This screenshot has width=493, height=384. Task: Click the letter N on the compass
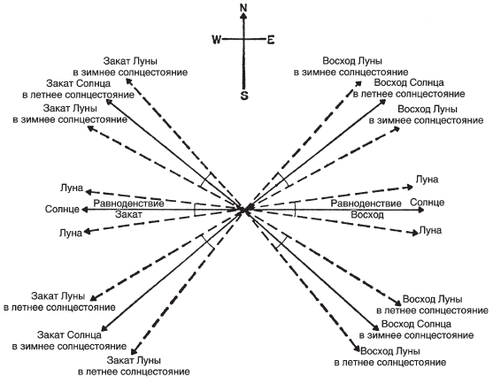click(x=243, y=8)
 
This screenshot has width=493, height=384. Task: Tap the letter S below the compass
click(x=244, y=96)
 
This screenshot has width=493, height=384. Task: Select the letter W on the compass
click(x=217, y=40)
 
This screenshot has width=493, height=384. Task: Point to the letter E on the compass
click(x=271, y=40)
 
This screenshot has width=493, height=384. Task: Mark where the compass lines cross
click(x=243, y=39)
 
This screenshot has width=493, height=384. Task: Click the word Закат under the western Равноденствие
click(x=128, y=214)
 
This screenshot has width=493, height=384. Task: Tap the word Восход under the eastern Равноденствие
click(x=367, y=215)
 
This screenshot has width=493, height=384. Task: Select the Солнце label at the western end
click(x=62, y=209)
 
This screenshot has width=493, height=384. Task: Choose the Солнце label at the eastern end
click(x=428, y=202)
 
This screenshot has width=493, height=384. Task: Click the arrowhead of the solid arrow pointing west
click(x=84, y=210)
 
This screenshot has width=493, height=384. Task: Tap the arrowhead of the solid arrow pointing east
click(x=421, y=210)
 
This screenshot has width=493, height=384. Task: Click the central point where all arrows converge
click(x=244, y=210)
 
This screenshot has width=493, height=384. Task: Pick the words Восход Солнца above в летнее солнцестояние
click(x=409, y=83)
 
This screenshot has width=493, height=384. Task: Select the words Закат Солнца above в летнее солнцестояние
click(x=79, y=83)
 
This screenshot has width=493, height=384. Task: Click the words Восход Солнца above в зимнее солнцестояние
click(x=416, y=324)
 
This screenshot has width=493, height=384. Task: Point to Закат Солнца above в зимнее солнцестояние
click(x=69, y=335)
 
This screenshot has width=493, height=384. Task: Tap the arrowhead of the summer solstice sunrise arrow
click(x=383, y=102)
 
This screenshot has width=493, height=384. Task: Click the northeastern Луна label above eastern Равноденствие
click(x=427, y=180)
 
